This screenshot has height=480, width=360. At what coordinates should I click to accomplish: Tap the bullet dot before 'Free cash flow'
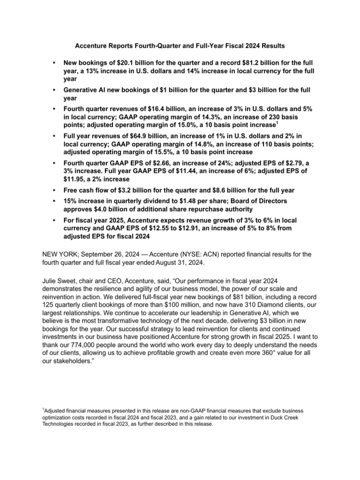coord(55,190)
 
